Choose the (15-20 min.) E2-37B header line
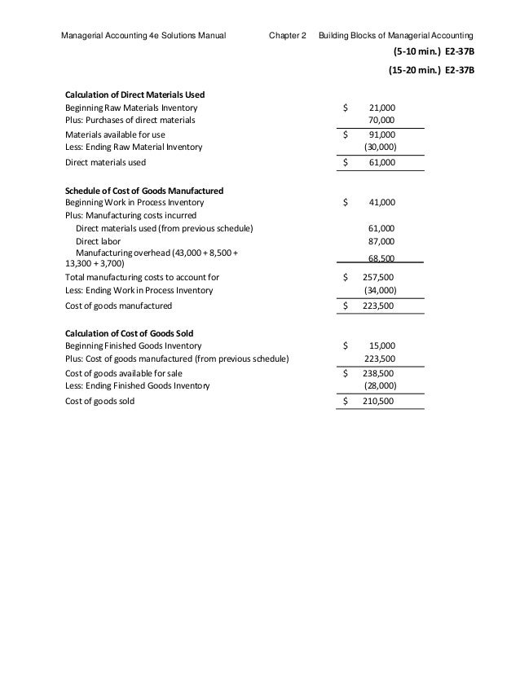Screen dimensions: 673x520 click(430, 70)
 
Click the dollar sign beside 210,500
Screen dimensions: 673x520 click(346, 402)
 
